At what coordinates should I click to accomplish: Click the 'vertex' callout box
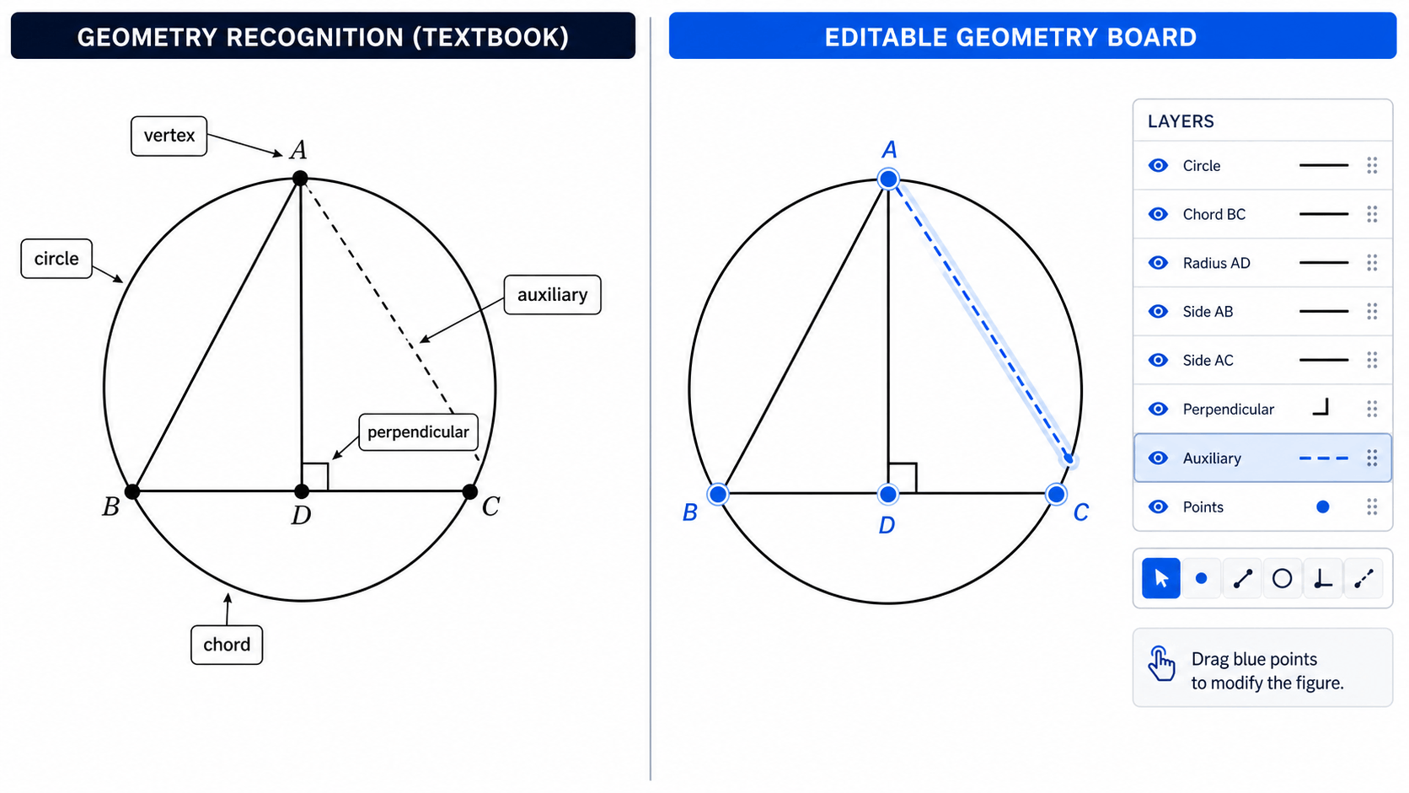pos(169,136)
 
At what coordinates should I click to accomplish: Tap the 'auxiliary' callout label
pos(552,295)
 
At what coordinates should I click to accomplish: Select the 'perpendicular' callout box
pos(418,432)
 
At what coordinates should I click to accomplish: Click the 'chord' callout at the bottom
pos(227,645)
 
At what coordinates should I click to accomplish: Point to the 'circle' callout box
pos(56,259)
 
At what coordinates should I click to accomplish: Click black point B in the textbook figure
pos(132,491)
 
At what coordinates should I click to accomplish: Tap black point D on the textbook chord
pos(302,491)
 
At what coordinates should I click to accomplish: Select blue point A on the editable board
pos(888,179)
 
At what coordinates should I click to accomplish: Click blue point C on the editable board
pos(1056,495)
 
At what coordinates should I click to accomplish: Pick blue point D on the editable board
pos(888,495)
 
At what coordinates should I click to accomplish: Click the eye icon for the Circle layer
pos(1158,165)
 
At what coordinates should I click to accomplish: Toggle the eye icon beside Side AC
pos(1158,361)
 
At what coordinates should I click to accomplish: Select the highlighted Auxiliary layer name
pos(1212,458)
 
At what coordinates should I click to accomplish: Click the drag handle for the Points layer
pos(1372,506)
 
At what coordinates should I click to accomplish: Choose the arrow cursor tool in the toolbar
pos(1160,578)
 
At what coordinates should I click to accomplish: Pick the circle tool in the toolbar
pos(1282,578)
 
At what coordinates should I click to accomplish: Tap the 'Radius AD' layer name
pos(1217,263)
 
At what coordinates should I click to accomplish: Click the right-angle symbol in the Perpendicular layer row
pos(1321,408)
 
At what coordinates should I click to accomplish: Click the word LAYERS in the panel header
pos(1181,121)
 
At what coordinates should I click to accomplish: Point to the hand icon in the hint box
pos(1161,663)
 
